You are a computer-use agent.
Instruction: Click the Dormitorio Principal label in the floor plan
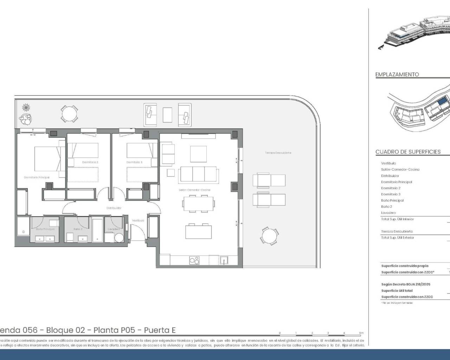click(37, 178)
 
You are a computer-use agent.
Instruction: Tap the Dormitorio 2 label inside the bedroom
click(90, 162)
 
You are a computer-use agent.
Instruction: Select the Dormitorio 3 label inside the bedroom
click(134, 162)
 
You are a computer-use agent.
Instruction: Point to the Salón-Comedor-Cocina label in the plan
click(194, 190)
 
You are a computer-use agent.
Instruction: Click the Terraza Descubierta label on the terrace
click(278, 153)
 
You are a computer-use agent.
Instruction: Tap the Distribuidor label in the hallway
click(114, 208)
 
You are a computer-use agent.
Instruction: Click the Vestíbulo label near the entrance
click(138, 220)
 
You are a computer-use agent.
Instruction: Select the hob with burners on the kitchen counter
click(194, 260)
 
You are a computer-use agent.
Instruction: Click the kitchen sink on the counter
click(224, 260)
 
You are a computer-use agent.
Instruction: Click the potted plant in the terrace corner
click(25, 119)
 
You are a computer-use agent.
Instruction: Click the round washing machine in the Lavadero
click(119, 238)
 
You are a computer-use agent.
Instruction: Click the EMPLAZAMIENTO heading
click(397, 75)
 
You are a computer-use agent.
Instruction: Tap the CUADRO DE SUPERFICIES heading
click(408, 152)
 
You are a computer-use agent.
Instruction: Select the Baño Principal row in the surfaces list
click(392, 200)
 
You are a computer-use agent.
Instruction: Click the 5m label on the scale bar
click(361, 333)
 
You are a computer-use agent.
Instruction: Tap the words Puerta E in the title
click(160, 330)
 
